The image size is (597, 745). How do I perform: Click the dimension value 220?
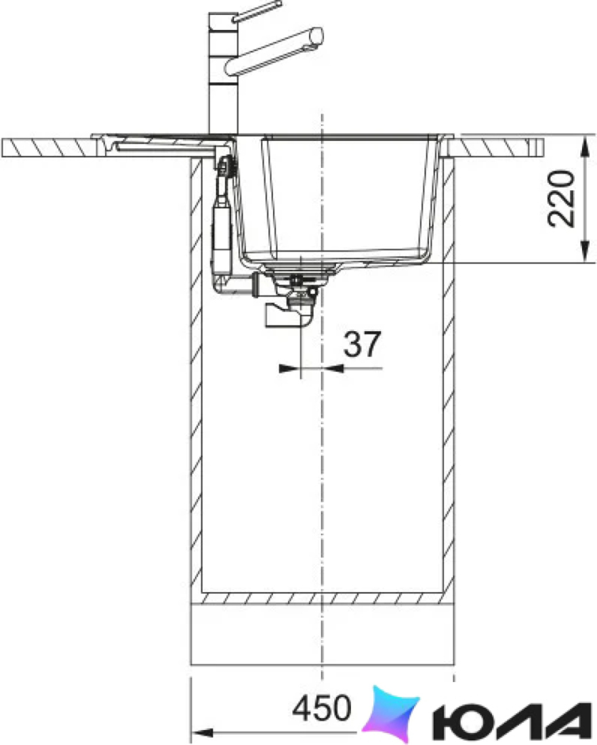point(561,199)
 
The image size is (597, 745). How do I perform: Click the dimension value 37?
point(362,345)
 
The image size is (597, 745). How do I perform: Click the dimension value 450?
point(321,708)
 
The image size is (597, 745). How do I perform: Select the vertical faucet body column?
point(223,74)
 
